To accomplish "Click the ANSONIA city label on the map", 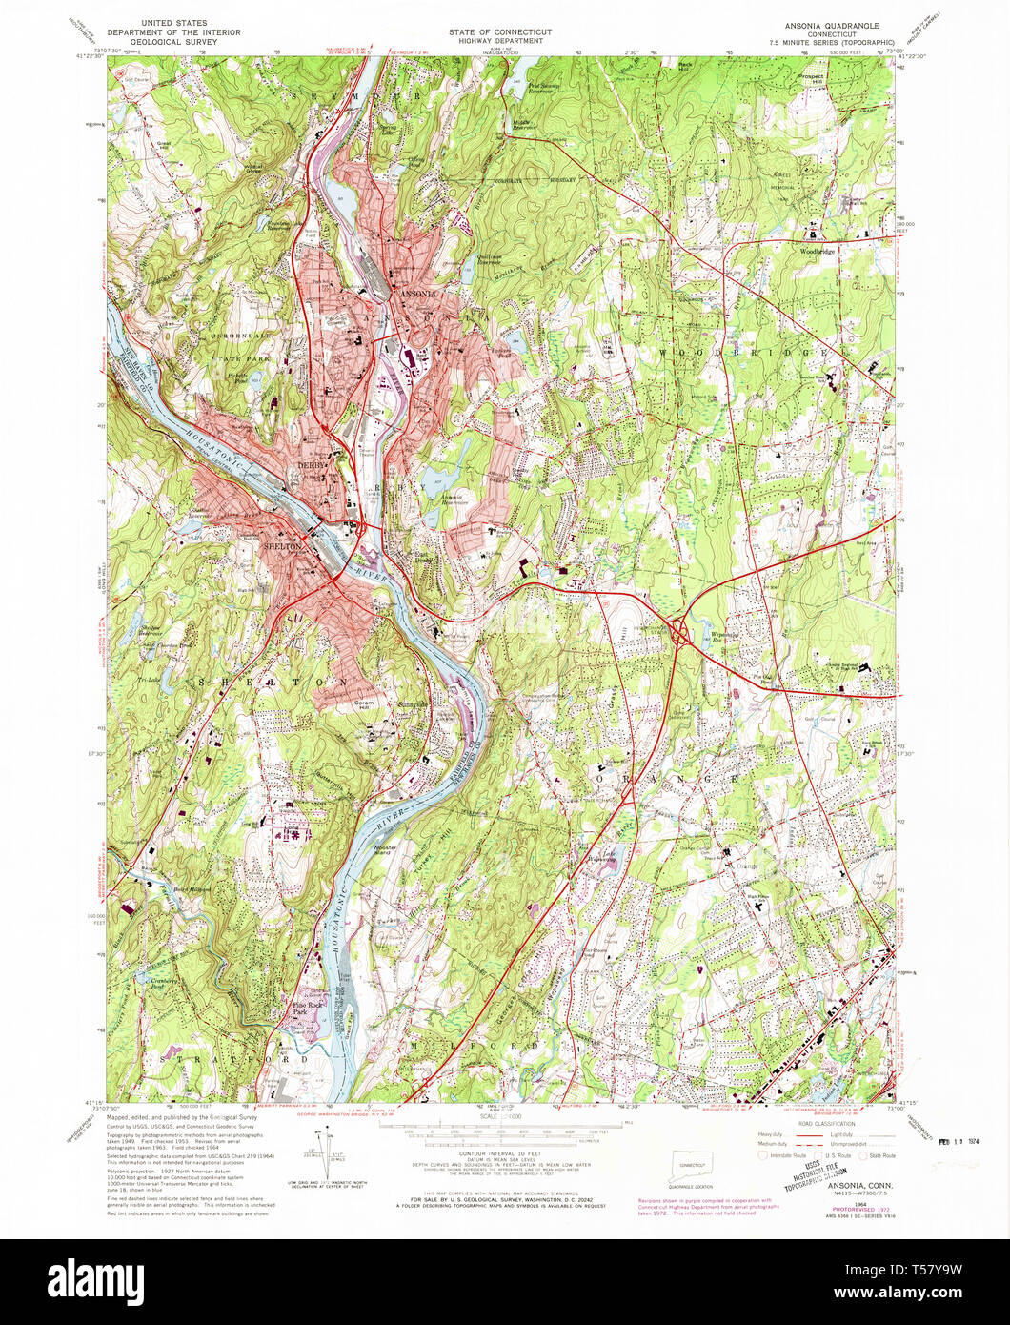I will coord(416,294).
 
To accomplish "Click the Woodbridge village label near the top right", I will coord(817,251).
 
